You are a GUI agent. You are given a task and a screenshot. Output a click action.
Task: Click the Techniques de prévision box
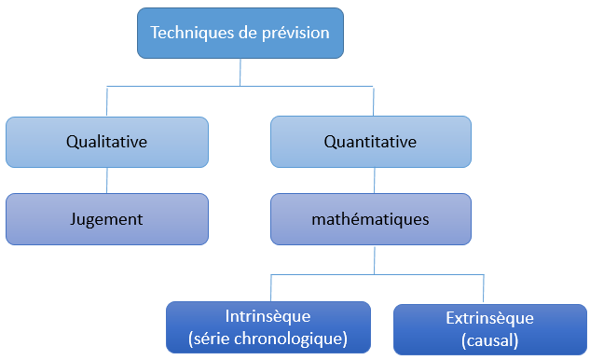pyautogui.click(x=240, y=33)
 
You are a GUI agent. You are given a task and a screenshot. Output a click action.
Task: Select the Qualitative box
pyautogui.click(x=107, y=142)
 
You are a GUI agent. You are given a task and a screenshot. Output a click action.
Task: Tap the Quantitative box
pyautogui.click(x=370, y=142)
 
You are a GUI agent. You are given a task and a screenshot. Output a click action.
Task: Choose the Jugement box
pyautogui.click(x=107, y=219)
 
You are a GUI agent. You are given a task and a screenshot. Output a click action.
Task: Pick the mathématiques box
pyautogui.click(x=370, y=219)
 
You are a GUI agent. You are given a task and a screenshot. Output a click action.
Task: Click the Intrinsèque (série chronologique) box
pyautogui.click(x=268, y=326)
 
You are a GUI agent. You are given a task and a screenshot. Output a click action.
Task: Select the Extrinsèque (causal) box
pyautogui.click(x=489, y=328)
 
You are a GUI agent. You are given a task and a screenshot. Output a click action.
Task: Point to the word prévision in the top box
pyautogui.click(x=295, y=33)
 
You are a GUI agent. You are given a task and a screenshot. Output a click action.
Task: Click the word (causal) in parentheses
pyautogui.click(x=489, y=340)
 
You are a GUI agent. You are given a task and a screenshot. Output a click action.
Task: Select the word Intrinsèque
pyautogui.click(x=268, y=315)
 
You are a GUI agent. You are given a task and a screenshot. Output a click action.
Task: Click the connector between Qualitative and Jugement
pyautogui.click(x=107, y=180)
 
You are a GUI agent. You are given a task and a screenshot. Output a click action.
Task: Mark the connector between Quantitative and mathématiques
pyautogui.click(x=374, y=180)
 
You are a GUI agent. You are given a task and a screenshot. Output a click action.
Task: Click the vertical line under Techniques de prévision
pyautogui.click(x=240, y=72)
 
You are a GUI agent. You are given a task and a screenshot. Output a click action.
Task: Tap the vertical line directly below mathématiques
pyautogui.click(x=374, y=260)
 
